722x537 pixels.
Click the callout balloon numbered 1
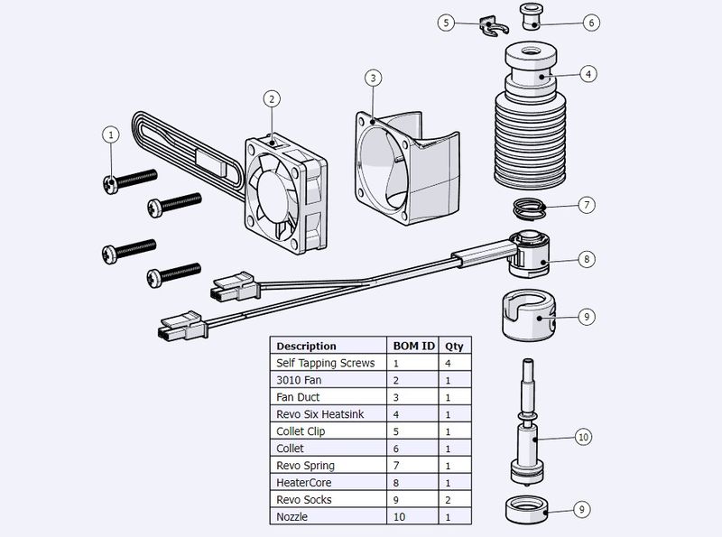[x=111, y=134]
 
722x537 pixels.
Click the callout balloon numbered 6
[x=591, y=23]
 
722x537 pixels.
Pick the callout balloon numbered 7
[x=586, y=205]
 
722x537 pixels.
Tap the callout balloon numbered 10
[x=583, y=437]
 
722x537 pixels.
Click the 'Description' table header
[x=306, y=346]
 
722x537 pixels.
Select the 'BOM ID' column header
[x=412, y=346]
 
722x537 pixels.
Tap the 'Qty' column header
[x=454, y=346]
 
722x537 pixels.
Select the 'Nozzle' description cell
[x=293, y=517]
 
